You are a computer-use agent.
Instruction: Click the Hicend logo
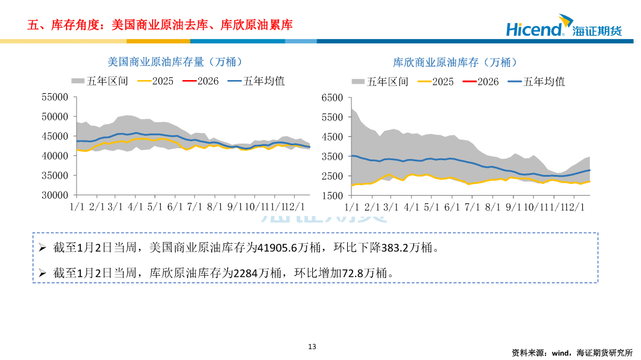563,28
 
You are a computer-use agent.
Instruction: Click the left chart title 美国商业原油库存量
174,62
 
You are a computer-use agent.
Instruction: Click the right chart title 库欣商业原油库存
455,62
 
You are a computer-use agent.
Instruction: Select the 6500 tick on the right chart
332,98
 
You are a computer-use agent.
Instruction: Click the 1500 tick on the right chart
332,196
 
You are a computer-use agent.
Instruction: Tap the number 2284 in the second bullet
245,273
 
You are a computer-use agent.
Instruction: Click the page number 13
312,347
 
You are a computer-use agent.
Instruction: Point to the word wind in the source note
561,352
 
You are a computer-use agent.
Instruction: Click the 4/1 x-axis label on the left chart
136,207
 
